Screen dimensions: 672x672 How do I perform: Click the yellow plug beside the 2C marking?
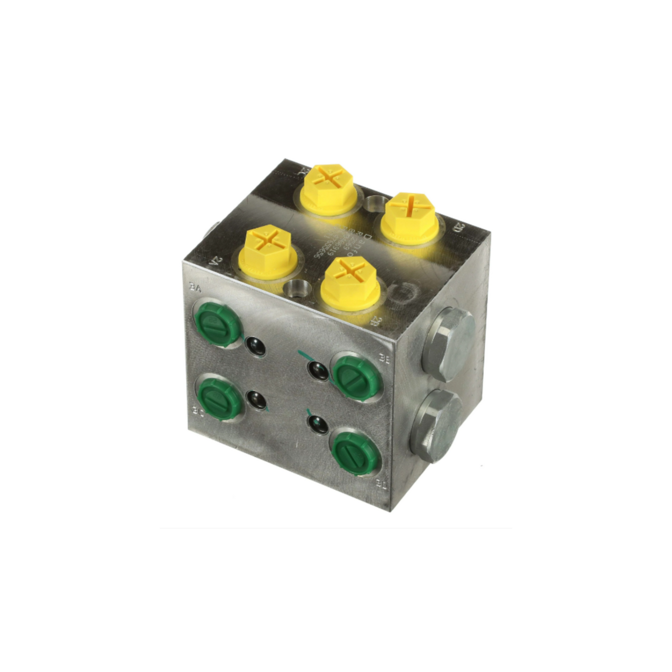pyautogui.click(x=327, y=188)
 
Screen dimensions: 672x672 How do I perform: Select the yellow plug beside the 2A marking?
pyautogui.click(x=265, y=251)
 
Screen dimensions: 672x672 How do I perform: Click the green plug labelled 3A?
pyautogui.click(x=218, y=324)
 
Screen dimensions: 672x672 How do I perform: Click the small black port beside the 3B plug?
pyautogui.click(x=318, y=370)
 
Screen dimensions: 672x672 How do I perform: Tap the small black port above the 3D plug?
pyautogui.click(x=318, y=424)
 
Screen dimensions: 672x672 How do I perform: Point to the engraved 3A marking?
pyautogui.click(x=195, y=287)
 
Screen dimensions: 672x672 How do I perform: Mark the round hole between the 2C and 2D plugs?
pyautogui.click(x=373, y=202)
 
